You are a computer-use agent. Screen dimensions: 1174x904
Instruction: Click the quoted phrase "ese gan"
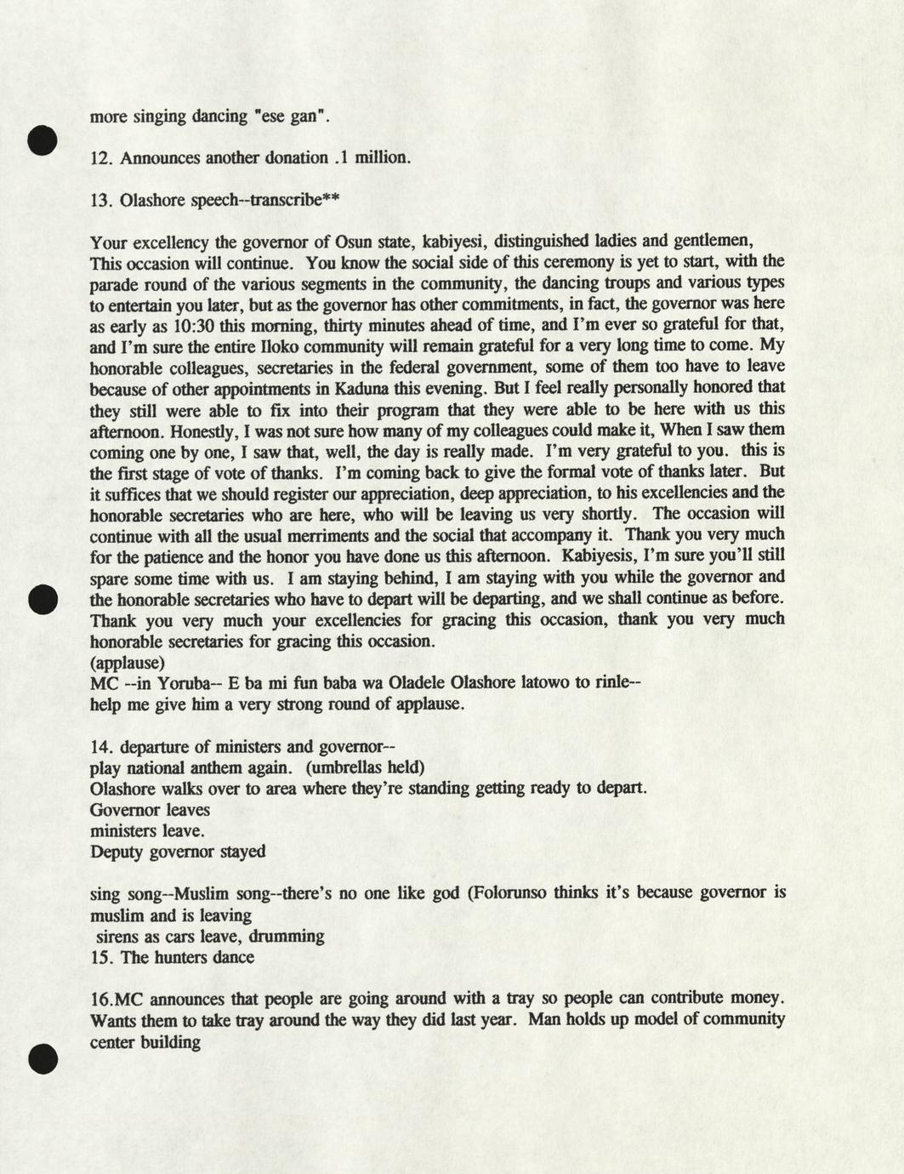coord(292,117)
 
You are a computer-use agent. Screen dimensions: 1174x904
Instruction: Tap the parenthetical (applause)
coord(128,661)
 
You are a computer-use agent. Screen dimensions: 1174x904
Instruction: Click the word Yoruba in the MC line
coord(179,682)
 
